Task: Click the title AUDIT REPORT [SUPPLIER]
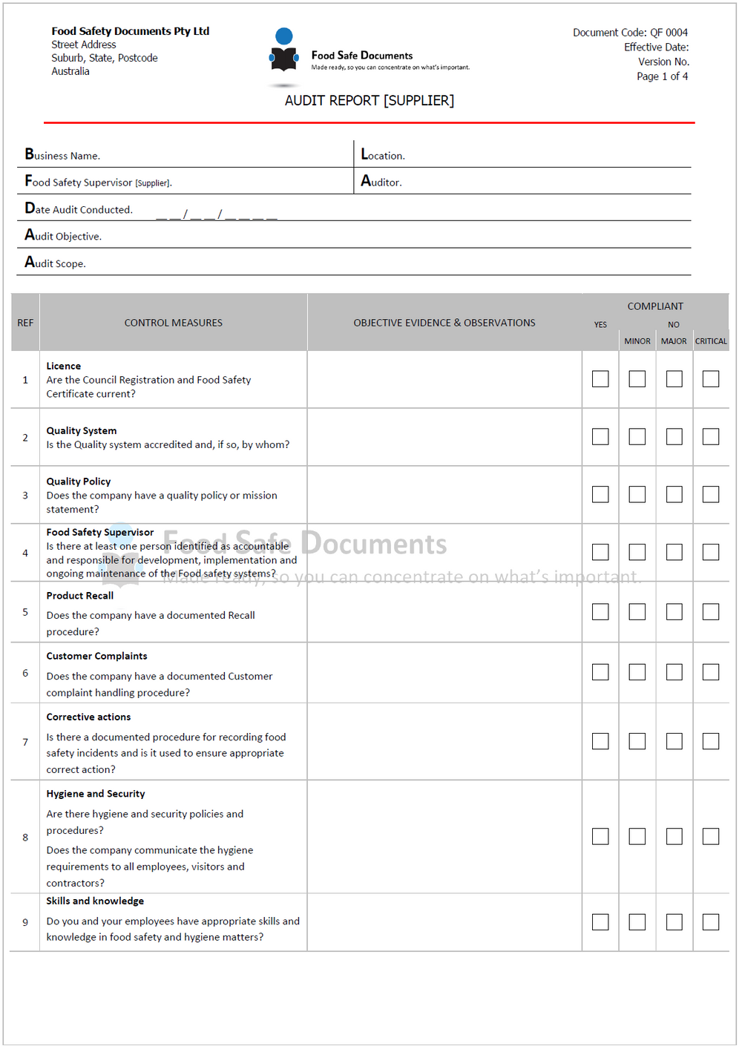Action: (x=370, y=100)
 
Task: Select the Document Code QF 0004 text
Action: (x=630, y=33)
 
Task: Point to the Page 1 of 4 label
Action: (x=662, y=76)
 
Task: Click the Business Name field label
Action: (x=62, y=155)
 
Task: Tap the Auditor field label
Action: (x=381, y=182)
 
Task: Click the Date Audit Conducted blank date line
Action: (x=217, y=215)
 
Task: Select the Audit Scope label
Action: (x=55, y=263)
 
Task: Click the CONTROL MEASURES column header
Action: (x=173, y=323)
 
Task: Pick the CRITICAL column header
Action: (x=711, y=341)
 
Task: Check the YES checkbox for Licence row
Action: (x=600, y=379)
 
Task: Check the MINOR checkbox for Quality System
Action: (x=637, y=437)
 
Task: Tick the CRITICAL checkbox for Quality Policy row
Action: (x=711, y=494)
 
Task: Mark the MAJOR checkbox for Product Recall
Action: (x=674, y=612)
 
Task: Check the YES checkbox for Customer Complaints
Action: (x=600, y=672)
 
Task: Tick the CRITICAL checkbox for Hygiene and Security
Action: (x=711, y=837)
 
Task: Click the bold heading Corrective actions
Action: (x=88, y=717)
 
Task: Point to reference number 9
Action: (x=25, y=922)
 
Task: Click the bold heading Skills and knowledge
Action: (x=95, y=901)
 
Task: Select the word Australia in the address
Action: (x=70, y=71)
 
